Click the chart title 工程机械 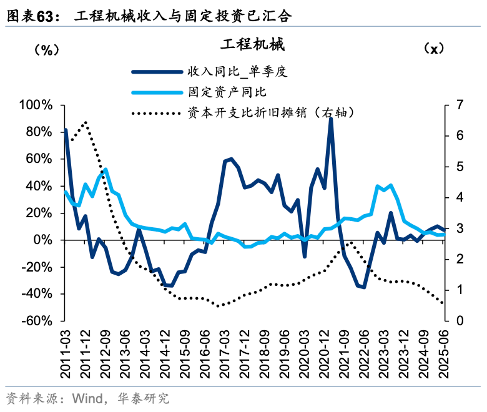252,45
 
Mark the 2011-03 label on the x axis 66,353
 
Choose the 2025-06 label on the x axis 445,353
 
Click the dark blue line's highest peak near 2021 330,118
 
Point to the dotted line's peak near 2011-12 86,122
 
